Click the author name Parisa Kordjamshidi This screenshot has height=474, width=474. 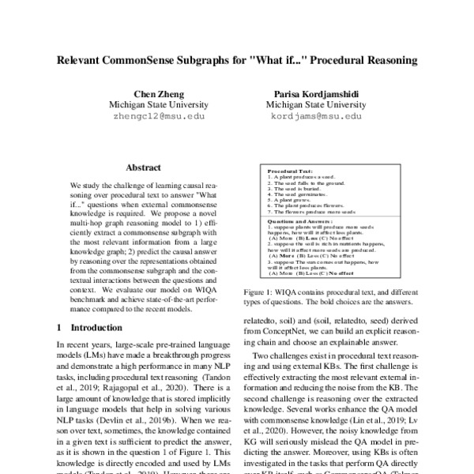click(313, 92)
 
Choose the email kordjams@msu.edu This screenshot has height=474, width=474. click(313, 115)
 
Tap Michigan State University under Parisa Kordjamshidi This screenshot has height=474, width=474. click(313, 103)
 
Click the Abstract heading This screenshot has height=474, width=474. click(143, 167)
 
